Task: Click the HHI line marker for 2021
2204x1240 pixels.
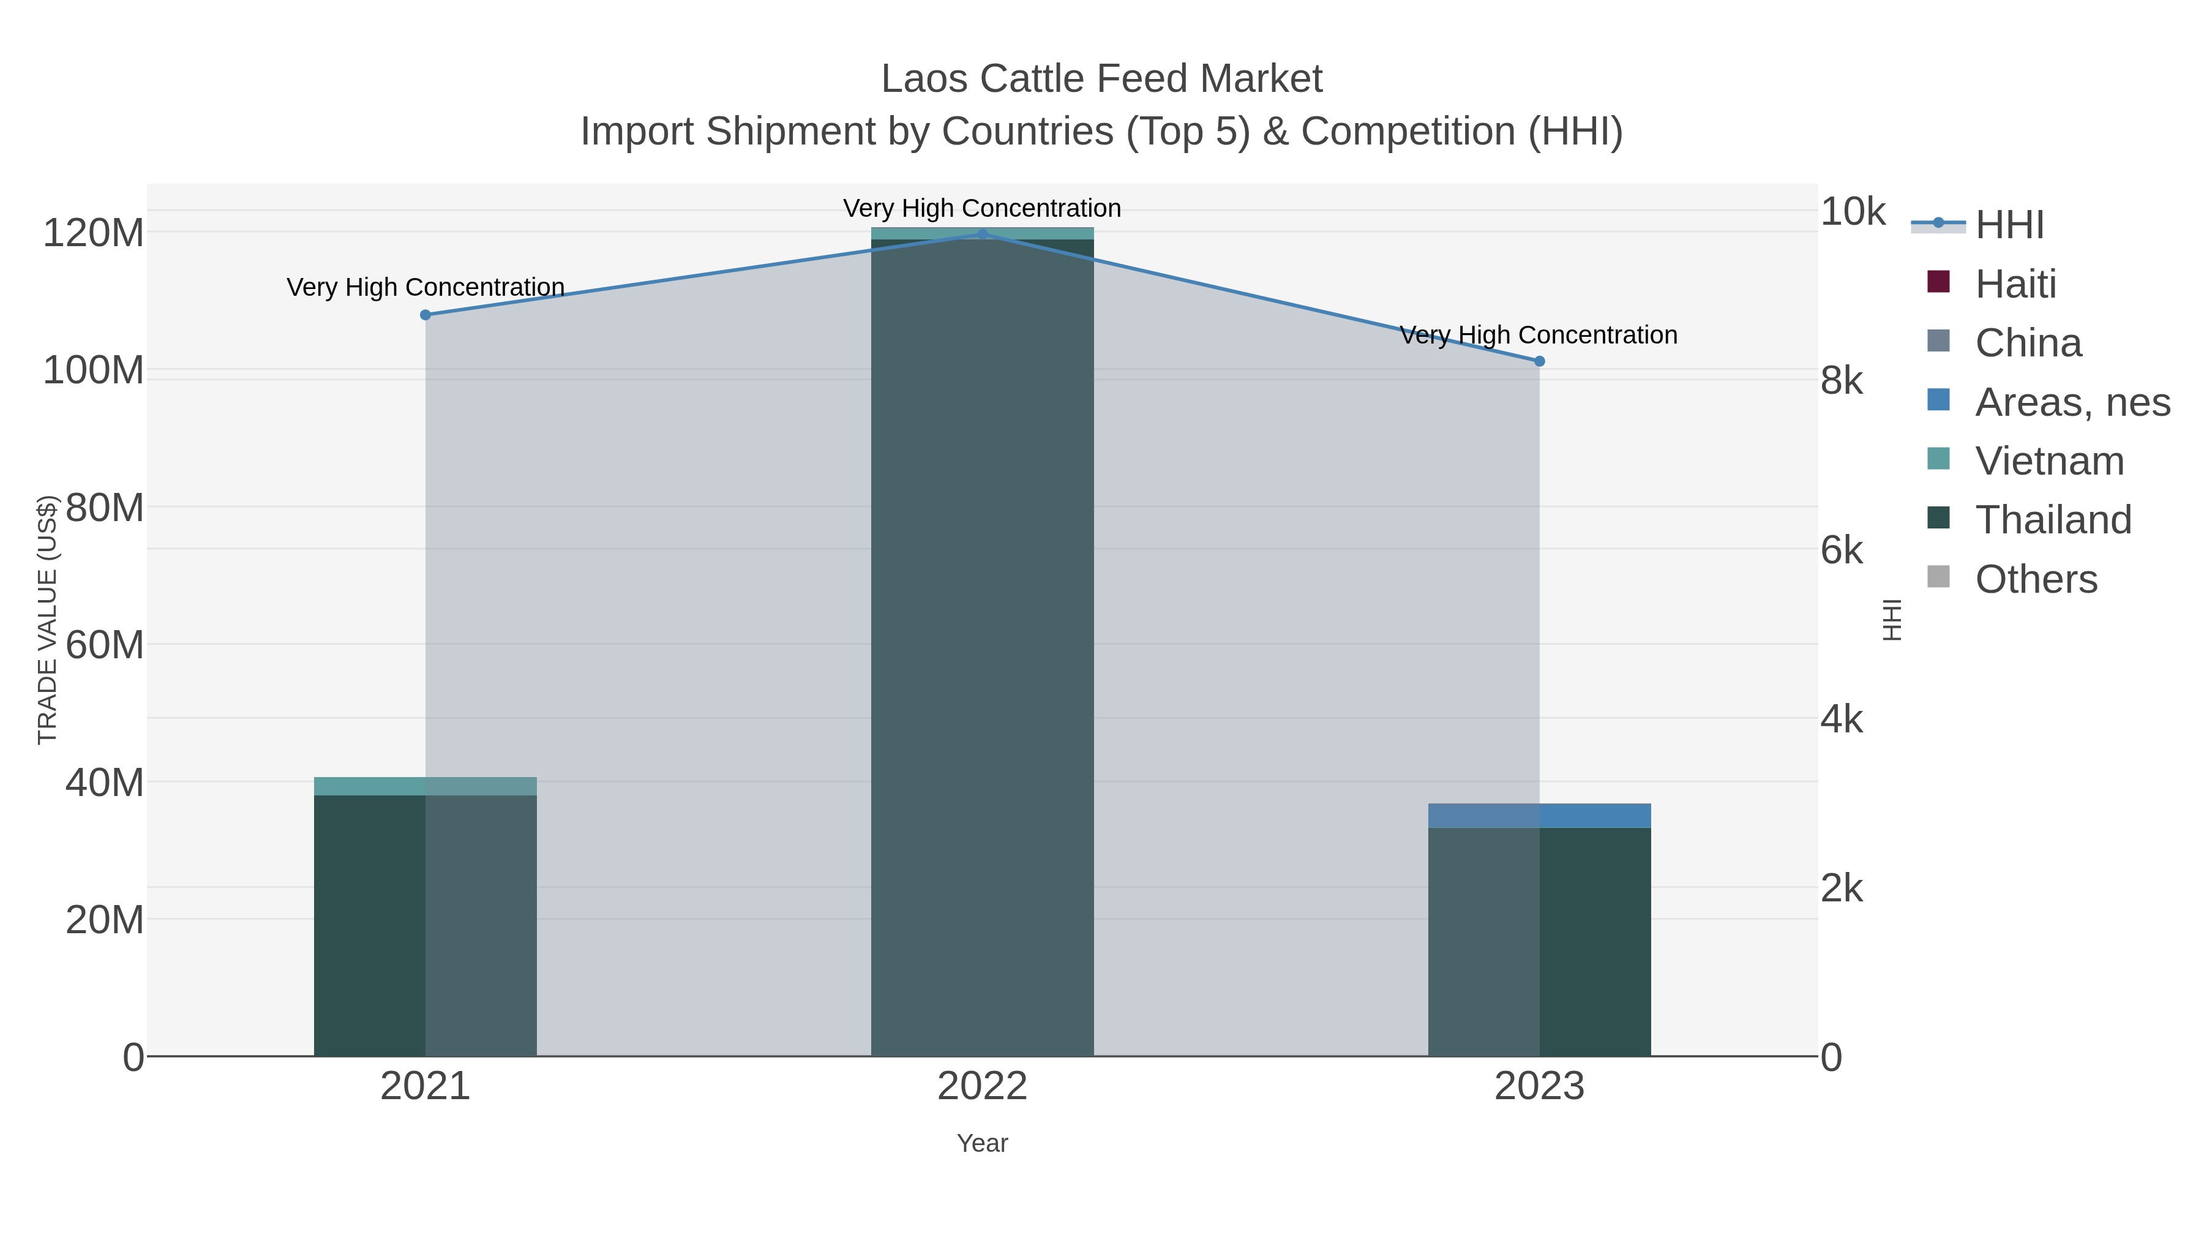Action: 425,315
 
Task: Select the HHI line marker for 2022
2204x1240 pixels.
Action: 982,235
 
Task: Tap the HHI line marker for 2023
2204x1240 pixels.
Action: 1539,361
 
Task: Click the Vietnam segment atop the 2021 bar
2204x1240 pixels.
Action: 425,786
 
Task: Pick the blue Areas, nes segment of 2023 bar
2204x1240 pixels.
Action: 1539,816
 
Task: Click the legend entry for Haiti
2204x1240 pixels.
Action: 2015,284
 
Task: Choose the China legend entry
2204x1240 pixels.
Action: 2028,343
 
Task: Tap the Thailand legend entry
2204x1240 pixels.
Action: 2053,519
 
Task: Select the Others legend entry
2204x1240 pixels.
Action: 2036,579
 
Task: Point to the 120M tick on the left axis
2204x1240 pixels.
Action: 93,233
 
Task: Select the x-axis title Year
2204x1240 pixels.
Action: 982,1143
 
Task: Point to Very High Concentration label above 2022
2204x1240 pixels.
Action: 982,208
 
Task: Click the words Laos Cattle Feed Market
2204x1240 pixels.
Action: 1101,79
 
